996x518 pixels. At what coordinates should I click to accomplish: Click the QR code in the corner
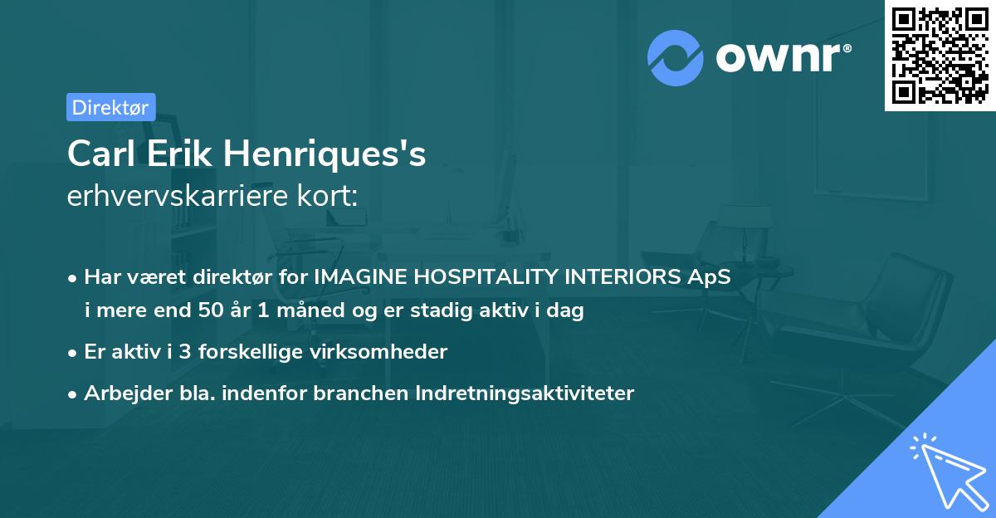click(940, 55)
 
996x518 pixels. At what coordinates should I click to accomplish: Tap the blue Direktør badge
click(110, 107)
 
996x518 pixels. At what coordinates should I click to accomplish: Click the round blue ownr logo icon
click(675, 57)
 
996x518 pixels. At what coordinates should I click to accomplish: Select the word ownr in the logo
click(782, 58)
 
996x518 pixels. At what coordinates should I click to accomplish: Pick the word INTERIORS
click(622, 277)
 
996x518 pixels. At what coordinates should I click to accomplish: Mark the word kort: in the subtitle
click(331, 198)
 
